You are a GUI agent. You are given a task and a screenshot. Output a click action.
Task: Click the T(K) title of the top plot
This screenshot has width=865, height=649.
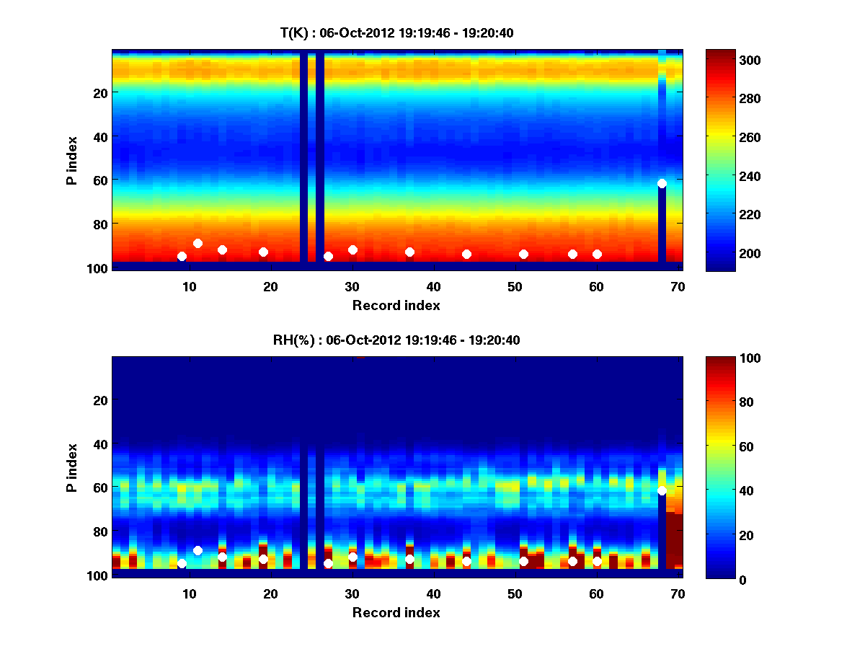[396, 32]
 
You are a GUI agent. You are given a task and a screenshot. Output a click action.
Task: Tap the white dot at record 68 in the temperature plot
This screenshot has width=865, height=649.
[662, 183]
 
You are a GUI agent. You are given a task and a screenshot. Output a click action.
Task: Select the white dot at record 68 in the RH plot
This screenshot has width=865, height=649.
[662, 490]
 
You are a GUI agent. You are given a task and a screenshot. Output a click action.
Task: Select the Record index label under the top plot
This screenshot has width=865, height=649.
[396, 305]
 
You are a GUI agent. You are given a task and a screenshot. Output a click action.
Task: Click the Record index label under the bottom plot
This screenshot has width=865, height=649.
[396, 612]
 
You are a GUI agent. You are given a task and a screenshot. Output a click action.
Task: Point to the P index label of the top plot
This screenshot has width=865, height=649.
[72, 161]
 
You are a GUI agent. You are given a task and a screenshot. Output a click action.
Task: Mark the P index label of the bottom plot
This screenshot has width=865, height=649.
[72, 467]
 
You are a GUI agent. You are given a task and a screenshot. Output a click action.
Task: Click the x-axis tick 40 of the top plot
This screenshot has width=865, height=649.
[434, 286]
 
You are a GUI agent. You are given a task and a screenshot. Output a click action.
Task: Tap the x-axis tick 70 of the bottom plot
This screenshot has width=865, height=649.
[678, 593]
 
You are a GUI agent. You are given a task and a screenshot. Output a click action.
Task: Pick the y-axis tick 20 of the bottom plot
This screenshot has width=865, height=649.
[100, 400]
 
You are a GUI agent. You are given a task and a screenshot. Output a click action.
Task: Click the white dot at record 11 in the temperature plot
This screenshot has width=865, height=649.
[198, 243]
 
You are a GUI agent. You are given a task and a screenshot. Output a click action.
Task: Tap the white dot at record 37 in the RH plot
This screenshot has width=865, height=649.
[409, 559]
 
